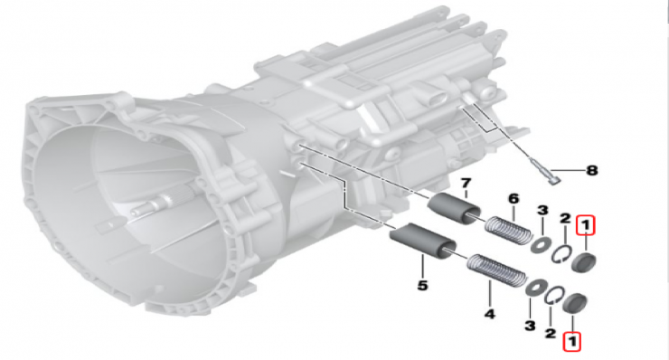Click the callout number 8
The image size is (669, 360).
tap(591, 170)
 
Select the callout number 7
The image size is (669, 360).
tap(466, 184)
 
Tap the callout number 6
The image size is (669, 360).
tap(514, 199)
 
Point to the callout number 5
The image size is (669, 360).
tap(422, 285)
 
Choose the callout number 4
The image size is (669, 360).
tap(489, 315)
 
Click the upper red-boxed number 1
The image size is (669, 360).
tap(586, 226)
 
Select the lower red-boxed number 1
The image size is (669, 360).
tap(571, 341)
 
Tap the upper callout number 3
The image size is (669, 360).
tap(542, 210)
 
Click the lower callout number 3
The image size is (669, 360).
tap(530, 327)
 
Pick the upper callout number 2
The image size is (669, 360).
tap(565, 219)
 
